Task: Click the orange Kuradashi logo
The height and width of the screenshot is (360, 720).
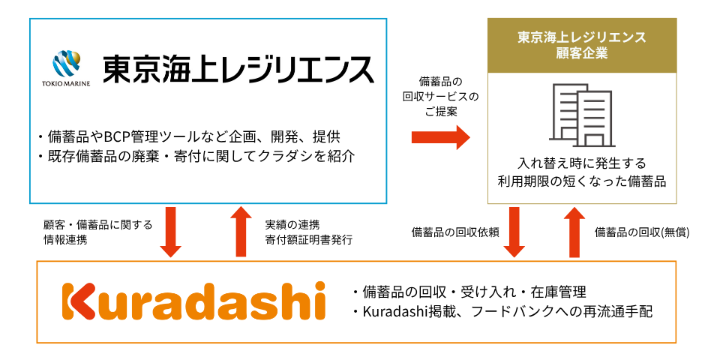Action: click(193, 301)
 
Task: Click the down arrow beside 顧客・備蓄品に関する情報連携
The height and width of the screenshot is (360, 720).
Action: click(171, 232)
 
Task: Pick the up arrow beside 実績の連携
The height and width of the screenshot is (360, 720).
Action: click(242, 232)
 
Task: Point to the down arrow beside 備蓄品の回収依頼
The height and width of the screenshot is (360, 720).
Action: click(515, 232)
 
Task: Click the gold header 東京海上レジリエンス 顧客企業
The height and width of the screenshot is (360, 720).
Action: click(582, 46)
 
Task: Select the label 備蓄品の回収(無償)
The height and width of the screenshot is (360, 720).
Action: click(642, 232)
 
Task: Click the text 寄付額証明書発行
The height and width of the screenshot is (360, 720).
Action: click(308, 241)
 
